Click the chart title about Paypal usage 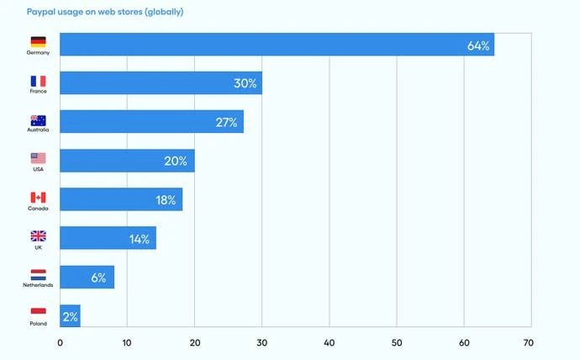105,13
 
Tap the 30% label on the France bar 245,83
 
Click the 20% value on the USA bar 175,161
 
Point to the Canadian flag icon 38,198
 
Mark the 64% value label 478,45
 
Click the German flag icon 38,41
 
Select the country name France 38,91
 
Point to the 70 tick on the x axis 528,342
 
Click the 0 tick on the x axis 60,342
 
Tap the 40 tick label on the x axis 329,342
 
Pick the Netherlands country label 38,286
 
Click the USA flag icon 38,158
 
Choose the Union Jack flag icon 38,236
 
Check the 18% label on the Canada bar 165,199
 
